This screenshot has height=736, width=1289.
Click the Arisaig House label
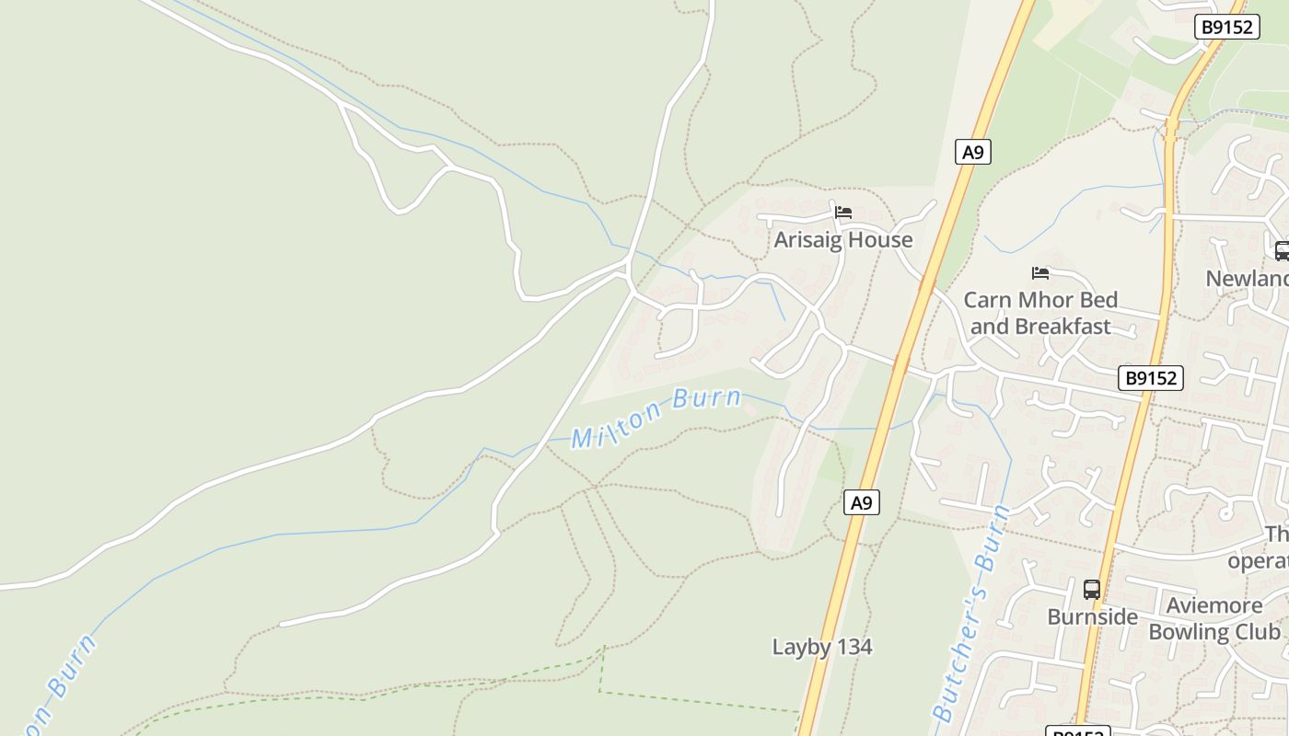pos(843,240)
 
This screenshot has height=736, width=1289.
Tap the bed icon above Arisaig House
pos(843,213)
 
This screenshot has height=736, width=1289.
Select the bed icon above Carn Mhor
pos(1040,273)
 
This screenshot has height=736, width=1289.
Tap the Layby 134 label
pos(821,647)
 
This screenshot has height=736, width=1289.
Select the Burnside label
pos(1092,616)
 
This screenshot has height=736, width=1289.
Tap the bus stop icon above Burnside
pos(1092,589)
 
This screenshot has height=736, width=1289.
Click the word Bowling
pos(1193,632)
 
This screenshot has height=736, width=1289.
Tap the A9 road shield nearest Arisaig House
pos(972,153)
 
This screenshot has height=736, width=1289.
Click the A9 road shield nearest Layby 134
pos(861,502)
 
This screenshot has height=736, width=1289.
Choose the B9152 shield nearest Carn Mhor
pos(1151,377)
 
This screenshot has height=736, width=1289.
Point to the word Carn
pos(986,300)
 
